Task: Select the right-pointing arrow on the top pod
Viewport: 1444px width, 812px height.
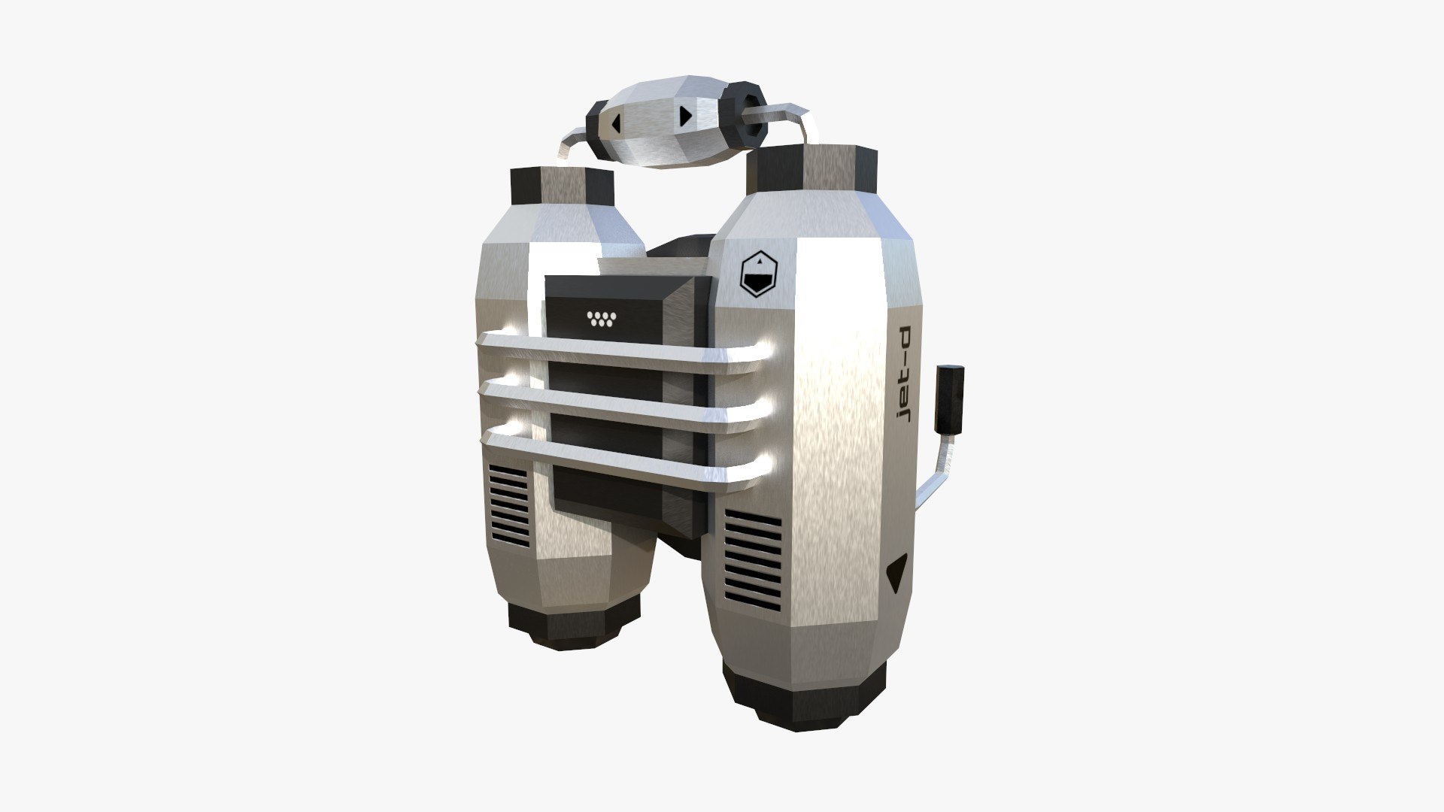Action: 684,116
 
